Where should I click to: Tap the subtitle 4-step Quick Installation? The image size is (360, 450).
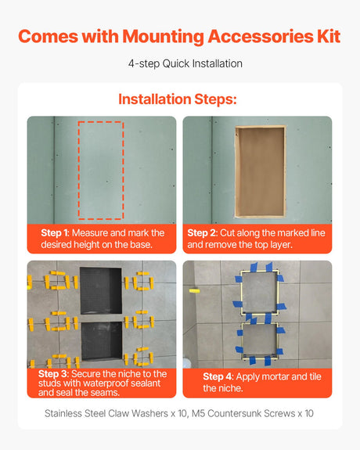click(179, 64)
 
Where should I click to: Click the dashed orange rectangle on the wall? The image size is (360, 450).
click(101, 171)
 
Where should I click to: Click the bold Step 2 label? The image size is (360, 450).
click(203, 233)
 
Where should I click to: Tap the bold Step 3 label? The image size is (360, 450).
click(54, 374)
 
